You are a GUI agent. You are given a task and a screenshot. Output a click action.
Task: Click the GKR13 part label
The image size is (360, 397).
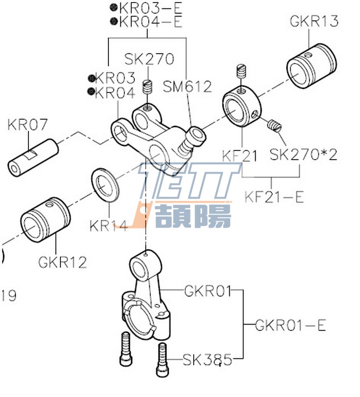(314, 21)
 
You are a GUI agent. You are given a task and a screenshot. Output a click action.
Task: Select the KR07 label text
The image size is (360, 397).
(28, 125)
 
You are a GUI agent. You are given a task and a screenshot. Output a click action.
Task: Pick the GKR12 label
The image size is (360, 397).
(62, 262)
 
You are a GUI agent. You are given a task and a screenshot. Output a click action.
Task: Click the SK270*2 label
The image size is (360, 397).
(304, 154)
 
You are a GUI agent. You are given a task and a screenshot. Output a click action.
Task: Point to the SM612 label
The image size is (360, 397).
(187, 87)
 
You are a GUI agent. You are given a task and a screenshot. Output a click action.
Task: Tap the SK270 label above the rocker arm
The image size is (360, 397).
(149, 59)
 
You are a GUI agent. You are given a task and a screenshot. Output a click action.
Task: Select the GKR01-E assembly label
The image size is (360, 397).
(291, 326)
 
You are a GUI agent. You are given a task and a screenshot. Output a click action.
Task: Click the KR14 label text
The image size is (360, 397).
(108, 226)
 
